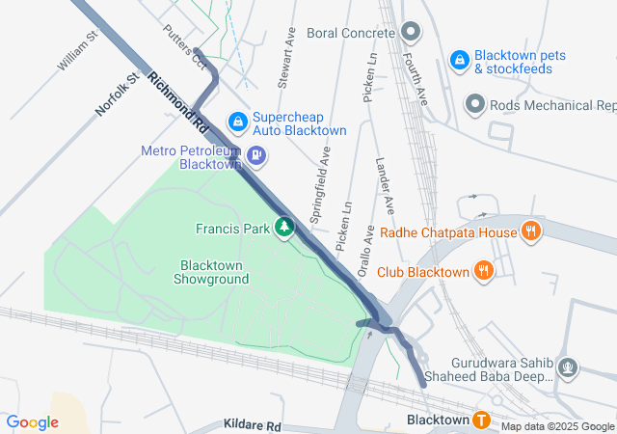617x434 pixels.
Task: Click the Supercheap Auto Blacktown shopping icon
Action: [x=237, y=122]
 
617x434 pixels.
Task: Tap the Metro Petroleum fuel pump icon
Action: [x=256, y=154]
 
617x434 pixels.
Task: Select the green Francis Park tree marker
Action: [x=284, y=228]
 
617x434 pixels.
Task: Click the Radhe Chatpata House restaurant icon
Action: [x=529, y=231]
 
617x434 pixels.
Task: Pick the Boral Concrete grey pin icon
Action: [x=412, y=32]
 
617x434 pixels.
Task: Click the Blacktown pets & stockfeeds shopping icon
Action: [x=460, y=60]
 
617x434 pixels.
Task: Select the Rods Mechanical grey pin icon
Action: [x=474, y=103]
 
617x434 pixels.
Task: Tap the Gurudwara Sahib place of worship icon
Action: [x=569, y=366]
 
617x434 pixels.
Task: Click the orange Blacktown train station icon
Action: [x=481, y=420]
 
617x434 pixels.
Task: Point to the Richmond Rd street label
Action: [x=178, y=102]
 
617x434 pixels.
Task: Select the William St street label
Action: [x=78, y=50]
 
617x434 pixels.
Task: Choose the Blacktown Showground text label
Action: [x=211, y=272]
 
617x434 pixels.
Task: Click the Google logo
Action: [x=33, y=421]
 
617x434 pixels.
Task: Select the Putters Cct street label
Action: [x=184, y=47]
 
